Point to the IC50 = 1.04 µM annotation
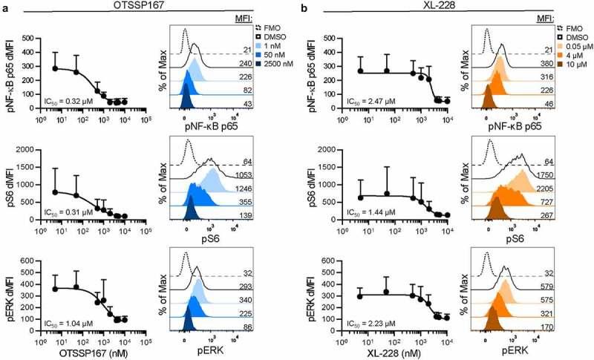tap(65, 324)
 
